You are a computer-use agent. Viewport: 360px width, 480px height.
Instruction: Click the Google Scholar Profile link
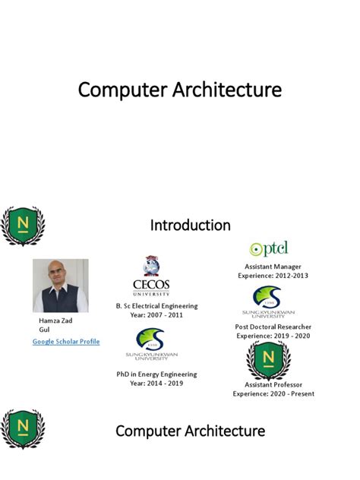pyautogui.click(x=65, y=342)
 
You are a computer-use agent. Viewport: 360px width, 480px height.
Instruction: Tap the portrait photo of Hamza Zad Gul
pyautogui.click(x=60, y=286)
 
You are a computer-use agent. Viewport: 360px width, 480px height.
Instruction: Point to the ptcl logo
pyautogui.click(x=269, y=248)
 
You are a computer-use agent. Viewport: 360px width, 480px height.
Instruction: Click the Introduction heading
pyautogui.click(x=191, y=225)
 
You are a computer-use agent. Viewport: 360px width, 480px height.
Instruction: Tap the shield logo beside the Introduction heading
pyautogui.click(x=23, y=226)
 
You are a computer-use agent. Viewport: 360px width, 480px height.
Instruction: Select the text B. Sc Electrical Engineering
pyautogui.click(x=156, y=306)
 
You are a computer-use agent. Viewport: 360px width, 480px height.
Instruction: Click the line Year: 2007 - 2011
pyautogui.click(x=156, y=315)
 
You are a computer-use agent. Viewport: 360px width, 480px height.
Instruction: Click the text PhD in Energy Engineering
pyautogui.click(x=156, y=374)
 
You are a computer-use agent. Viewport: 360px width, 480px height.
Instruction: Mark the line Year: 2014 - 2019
pyautogui.click(x=156, y=384)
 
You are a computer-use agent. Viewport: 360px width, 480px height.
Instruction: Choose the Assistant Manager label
pyautogui.click(x=273, y=267)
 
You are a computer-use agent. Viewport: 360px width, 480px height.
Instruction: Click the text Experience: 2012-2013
pyautogui.click(x=273, y=276)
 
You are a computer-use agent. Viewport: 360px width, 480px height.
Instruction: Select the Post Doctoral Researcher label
pyautogui.click(x=273, y=327)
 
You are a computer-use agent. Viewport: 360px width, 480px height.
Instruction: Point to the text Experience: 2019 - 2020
pyautogui.click(x=273, y=336)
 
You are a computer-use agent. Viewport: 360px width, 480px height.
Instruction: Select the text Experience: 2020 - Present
pyautogui.click(x=273, y=393)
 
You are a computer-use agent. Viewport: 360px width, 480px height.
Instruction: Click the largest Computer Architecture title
pyautogui.click(x=180, y=90)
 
